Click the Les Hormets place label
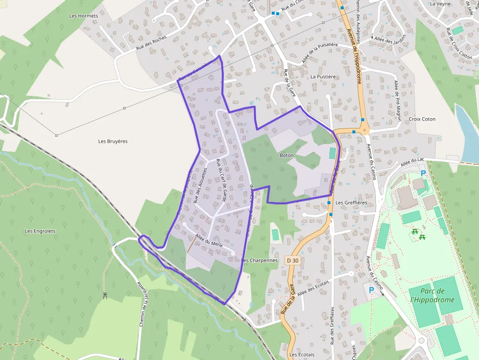point(84,16)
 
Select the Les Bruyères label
point(113,142)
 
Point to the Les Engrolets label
point(40,231)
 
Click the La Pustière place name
point(323,77)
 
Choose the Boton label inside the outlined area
point(286,155)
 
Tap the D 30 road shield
point(292,261)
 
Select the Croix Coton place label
point(422,119)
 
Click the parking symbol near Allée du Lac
point(423,173)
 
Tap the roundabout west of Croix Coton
point(364,130)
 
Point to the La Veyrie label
point(440,3)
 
